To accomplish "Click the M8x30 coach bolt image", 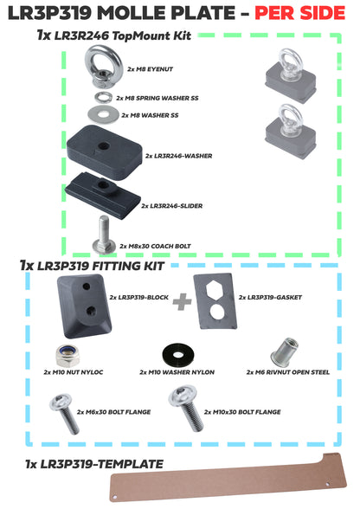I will click(x=102, y=240).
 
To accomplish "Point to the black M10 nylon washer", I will click(x=177, y=354).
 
